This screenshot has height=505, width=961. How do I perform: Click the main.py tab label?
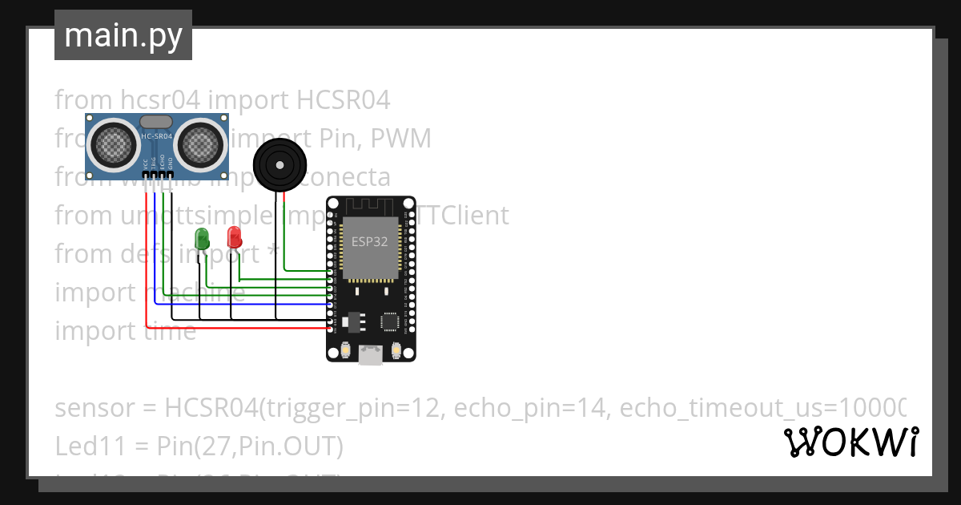[123, 35]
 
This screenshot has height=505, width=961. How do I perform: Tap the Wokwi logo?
[850, 442]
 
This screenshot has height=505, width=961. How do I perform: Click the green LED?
[202, 237]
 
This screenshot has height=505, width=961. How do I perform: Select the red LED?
[234, 236]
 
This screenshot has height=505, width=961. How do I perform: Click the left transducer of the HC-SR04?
[114, 144]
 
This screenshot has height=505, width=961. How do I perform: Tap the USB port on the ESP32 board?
[370, 353]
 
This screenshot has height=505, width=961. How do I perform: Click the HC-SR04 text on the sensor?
[157, 136]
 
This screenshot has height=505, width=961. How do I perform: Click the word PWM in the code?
[403, 139]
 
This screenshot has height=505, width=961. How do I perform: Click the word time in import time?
[170, 331]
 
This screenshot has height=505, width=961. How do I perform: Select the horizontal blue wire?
[240, 305]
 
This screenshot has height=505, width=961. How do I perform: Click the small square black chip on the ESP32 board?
[391, 321]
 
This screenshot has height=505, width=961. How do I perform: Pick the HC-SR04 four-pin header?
[157, 174]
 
